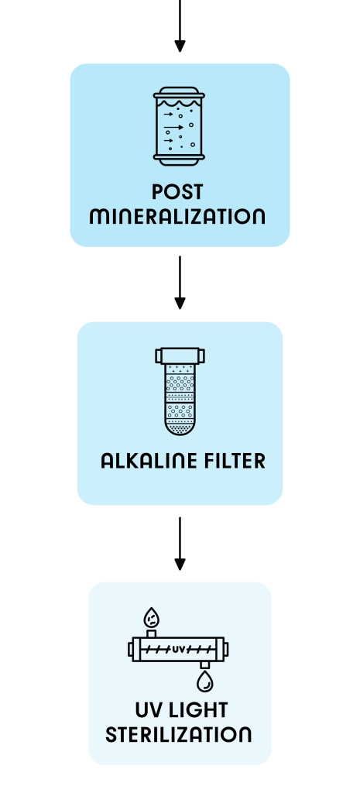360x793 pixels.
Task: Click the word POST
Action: point(177,192)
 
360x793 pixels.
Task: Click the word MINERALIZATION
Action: point(177,217)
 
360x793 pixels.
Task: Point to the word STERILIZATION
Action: point(178,734)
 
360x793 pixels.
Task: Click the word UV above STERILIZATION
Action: point(148,710)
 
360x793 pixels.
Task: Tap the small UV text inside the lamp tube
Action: point(179,649)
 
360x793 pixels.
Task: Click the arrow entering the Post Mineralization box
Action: point(180,26)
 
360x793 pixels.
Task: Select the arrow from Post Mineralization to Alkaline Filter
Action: point(180,282)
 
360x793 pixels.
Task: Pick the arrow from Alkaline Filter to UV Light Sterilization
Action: point(180,544)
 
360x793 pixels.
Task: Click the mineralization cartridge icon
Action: point(179,126)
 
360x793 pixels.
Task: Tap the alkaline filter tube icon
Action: point(180,391)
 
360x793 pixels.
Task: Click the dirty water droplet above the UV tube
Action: point(151,617)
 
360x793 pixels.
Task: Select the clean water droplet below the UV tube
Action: point(205,681)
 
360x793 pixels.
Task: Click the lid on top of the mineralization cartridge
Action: point(179,93)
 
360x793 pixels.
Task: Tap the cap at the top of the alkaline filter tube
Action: point(180,355)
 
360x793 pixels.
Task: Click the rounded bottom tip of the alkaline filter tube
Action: point(180,431)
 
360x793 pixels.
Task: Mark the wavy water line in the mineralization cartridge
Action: point(179,105)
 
